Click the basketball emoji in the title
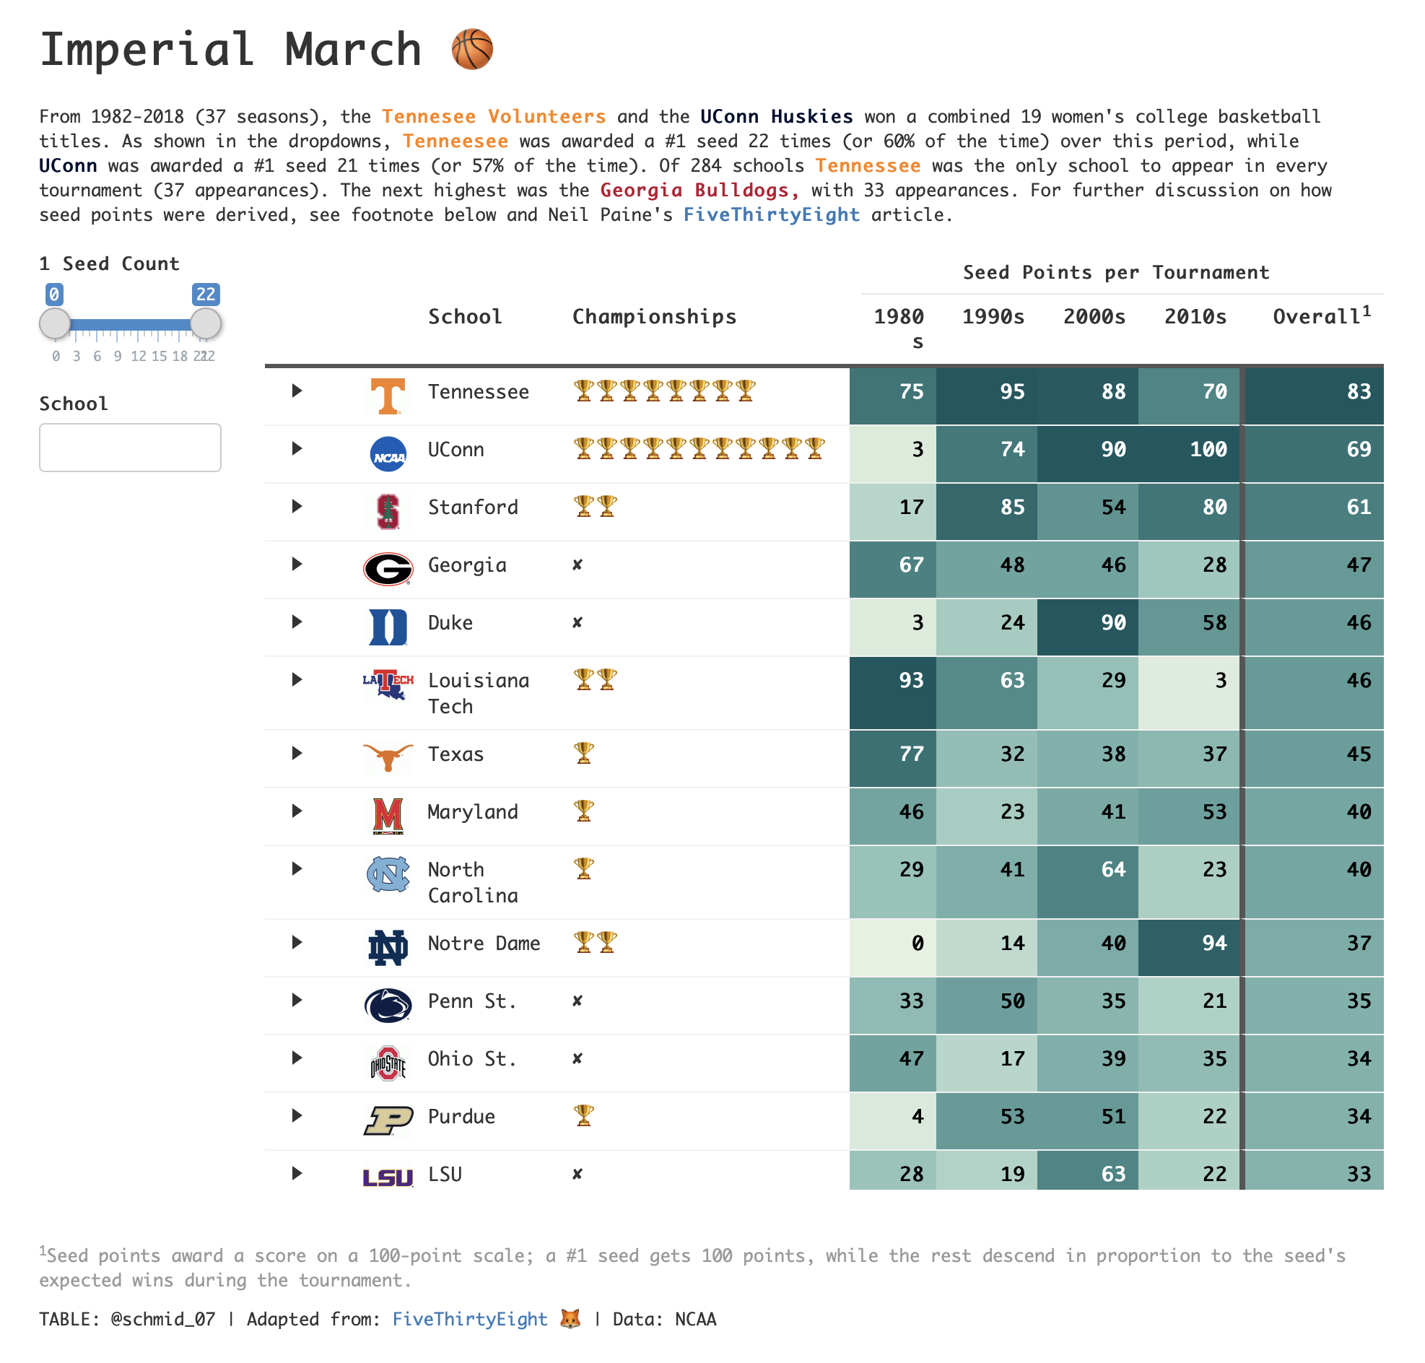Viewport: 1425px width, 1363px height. pos(471,49)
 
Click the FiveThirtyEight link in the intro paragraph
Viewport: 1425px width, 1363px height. pos(770,214)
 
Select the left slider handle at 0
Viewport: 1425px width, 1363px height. pos(54,323)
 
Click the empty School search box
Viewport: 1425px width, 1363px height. pos(129,447)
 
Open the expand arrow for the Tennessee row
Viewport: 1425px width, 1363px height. pos(297,391)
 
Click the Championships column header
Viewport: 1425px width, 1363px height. pos(653,317)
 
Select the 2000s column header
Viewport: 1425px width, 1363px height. pos(1093,317)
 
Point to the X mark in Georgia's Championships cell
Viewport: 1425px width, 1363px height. pos(577,565)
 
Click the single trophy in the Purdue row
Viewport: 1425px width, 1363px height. pos(583,1115)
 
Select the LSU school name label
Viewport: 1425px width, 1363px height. pos(445,1173)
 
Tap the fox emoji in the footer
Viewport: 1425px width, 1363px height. pos(570,1318)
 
